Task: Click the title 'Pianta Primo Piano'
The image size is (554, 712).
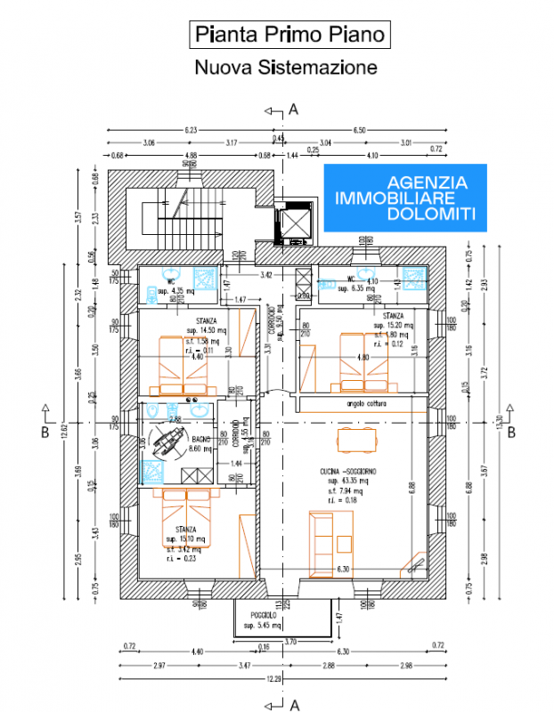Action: pyautogui.click(x=290, y=35)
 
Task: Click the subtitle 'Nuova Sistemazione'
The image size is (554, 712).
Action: pyautogui.click(x=285, y=67)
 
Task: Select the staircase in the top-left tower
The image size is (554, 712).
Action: pyautogui.click(x=166, y=218)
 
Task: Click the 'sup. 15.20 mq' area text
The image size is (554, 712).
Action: pyautogui.click(x=392, y=325)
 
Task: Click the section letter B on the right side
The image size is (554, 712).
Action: pyautogui.click(x=511, y=433)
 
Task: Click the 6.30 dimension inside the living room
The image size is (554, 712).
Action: pyautogui.click(x=342, y=568)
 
